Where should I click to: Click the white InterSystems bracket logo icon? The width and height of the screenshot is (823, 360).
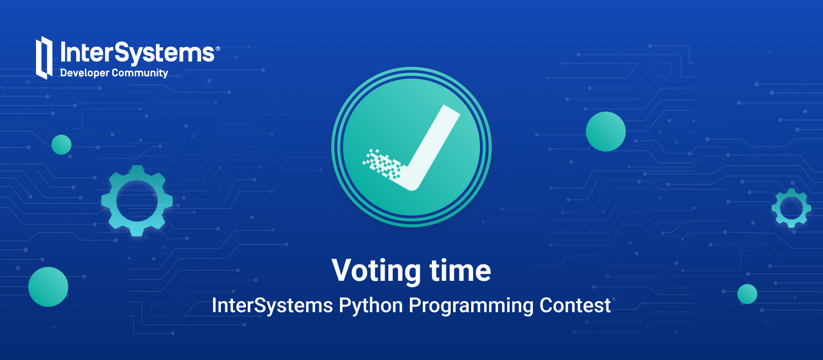pyautogui.click(x=44, y=58)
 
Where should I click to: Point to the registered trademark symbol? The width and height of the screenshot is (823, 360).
pyautogui.click(x=218, y=48)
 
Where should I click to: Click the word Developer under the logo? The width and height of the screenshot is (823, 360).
pyautogui.click(x=85, y=73)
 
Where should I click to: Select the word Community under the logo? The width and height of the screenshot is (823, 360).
pyautogui.click(x=140, y=73)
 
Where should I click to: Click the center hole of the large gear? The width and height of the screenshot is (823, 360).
pyautogui.click(x=137, y=201)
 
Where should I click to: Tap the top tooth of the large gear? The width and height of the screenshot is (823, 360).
pyautogui.click(x=137, y=170)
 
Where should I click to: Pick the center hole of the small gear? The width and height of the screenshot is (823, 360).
pyautogui.click(x=791, y=208)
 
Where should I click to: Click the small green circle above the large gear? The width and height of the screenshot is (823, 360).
pyautogui.click(x=61, y=145)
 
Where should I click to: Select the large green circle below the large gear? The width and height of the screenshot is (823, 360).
pyautogui.click(x=48, y=287)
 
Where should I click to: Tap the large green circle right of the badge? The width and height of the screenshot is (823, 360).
pyautogui.click(x=605, y=132)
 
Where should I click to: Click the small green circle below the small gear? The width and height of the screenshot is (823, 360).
pyautogui.click(x=747, y=294)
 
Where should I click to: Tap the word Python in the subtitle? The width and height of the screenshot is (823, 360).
pyautogui.click(x=371, y=306)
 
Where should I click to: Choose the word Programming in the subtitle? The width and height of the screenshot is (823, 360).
pyautogui.click(x=471, y=306)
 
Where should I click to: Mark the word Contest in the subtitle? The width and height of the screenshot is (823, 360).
pyautogui.click(x=575, y=305)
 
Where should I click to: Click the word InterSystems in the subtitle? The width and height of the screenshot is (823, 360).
pyautogui.click(x=272, y=306)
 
